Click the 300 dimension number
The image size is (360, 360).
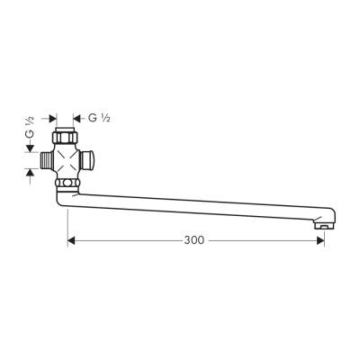[x=193, y=241]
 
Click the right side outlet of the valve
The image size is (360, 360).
[x=89, y=160]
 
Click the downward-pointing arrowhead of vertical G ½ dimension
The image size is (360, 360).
[x=30, y=149]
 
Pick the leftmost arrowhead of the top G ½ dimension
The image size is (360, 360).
[x=52, y=118]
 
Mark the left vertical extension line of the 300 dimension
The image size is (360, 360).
[x=68, y=229]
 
